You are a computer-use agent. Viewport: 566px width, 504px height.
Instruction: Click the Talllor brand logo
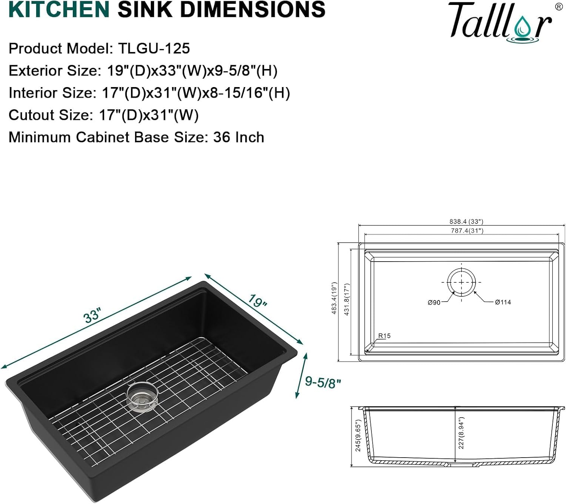coord(500,22)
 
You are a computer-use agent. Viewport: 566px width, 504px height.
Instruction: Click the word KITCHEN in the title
coord(59,9)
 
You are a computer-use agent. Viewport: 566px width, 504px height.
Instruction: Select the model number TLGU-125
coord(154,49)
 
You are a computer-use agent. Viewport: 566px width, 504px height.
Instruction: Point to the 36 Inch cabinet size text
coord(238,138)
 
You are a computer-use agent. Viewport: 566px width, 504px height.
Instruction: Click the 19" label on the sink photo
coord(258,301)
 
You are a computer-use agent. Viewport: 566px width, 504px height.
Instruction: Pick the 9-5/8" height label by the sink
coord(323,382)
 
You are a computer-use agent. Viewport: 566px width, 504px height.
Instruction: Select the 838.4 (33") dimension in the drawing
coord(466,222)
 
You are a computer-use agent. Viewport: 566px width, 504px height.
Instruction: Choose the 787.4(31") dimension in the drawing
coord(467,231)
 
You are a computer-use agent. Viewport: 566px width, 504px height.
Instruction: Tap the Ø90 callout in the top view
coord(434,302)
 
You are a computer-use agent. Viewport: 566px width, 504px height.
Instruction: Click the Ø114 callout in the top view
coord(503,302)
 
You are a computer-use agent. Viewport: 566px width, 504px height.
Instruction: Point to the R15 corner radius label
coord(384,336)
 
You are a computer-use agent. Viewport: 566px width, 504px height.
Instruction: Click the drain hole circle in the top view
coord(461,282)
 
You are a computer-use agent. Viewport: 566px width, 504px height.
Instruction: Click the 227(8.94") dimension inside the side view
coord(461,433)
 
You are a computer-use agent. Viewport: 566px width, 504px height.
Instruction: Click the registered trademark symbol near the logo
coord(558,6)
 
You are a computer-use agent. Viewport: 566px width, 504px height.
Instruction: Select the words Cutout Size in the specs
coord(48,115)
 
